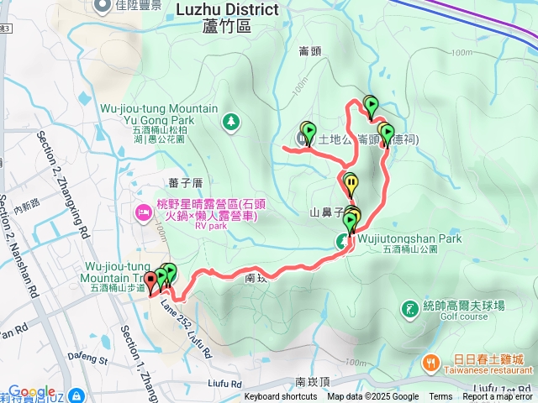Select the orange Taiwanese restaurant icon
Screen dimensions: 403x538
(430, 362)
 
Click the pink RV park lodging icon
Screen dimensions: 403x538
(143, 210)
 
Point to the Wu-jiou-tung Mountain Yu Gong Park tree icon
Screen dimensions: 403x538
(229, 123)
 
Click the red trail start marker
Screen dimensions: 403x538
(150, 280)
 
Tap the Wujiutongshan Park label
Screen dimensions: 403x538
(409, 238)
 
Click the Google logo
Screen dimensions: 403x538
(32, 392)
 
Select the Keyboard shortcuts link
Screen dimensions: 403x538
(281, 397)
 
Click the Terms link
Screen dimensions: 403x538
(440, 397)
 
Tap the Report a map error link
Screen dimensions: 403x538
(498, 397)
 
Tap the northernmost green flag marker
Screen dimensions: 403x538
(372, 105)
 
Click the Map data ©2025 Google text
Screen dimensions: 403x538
(372, 397)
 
